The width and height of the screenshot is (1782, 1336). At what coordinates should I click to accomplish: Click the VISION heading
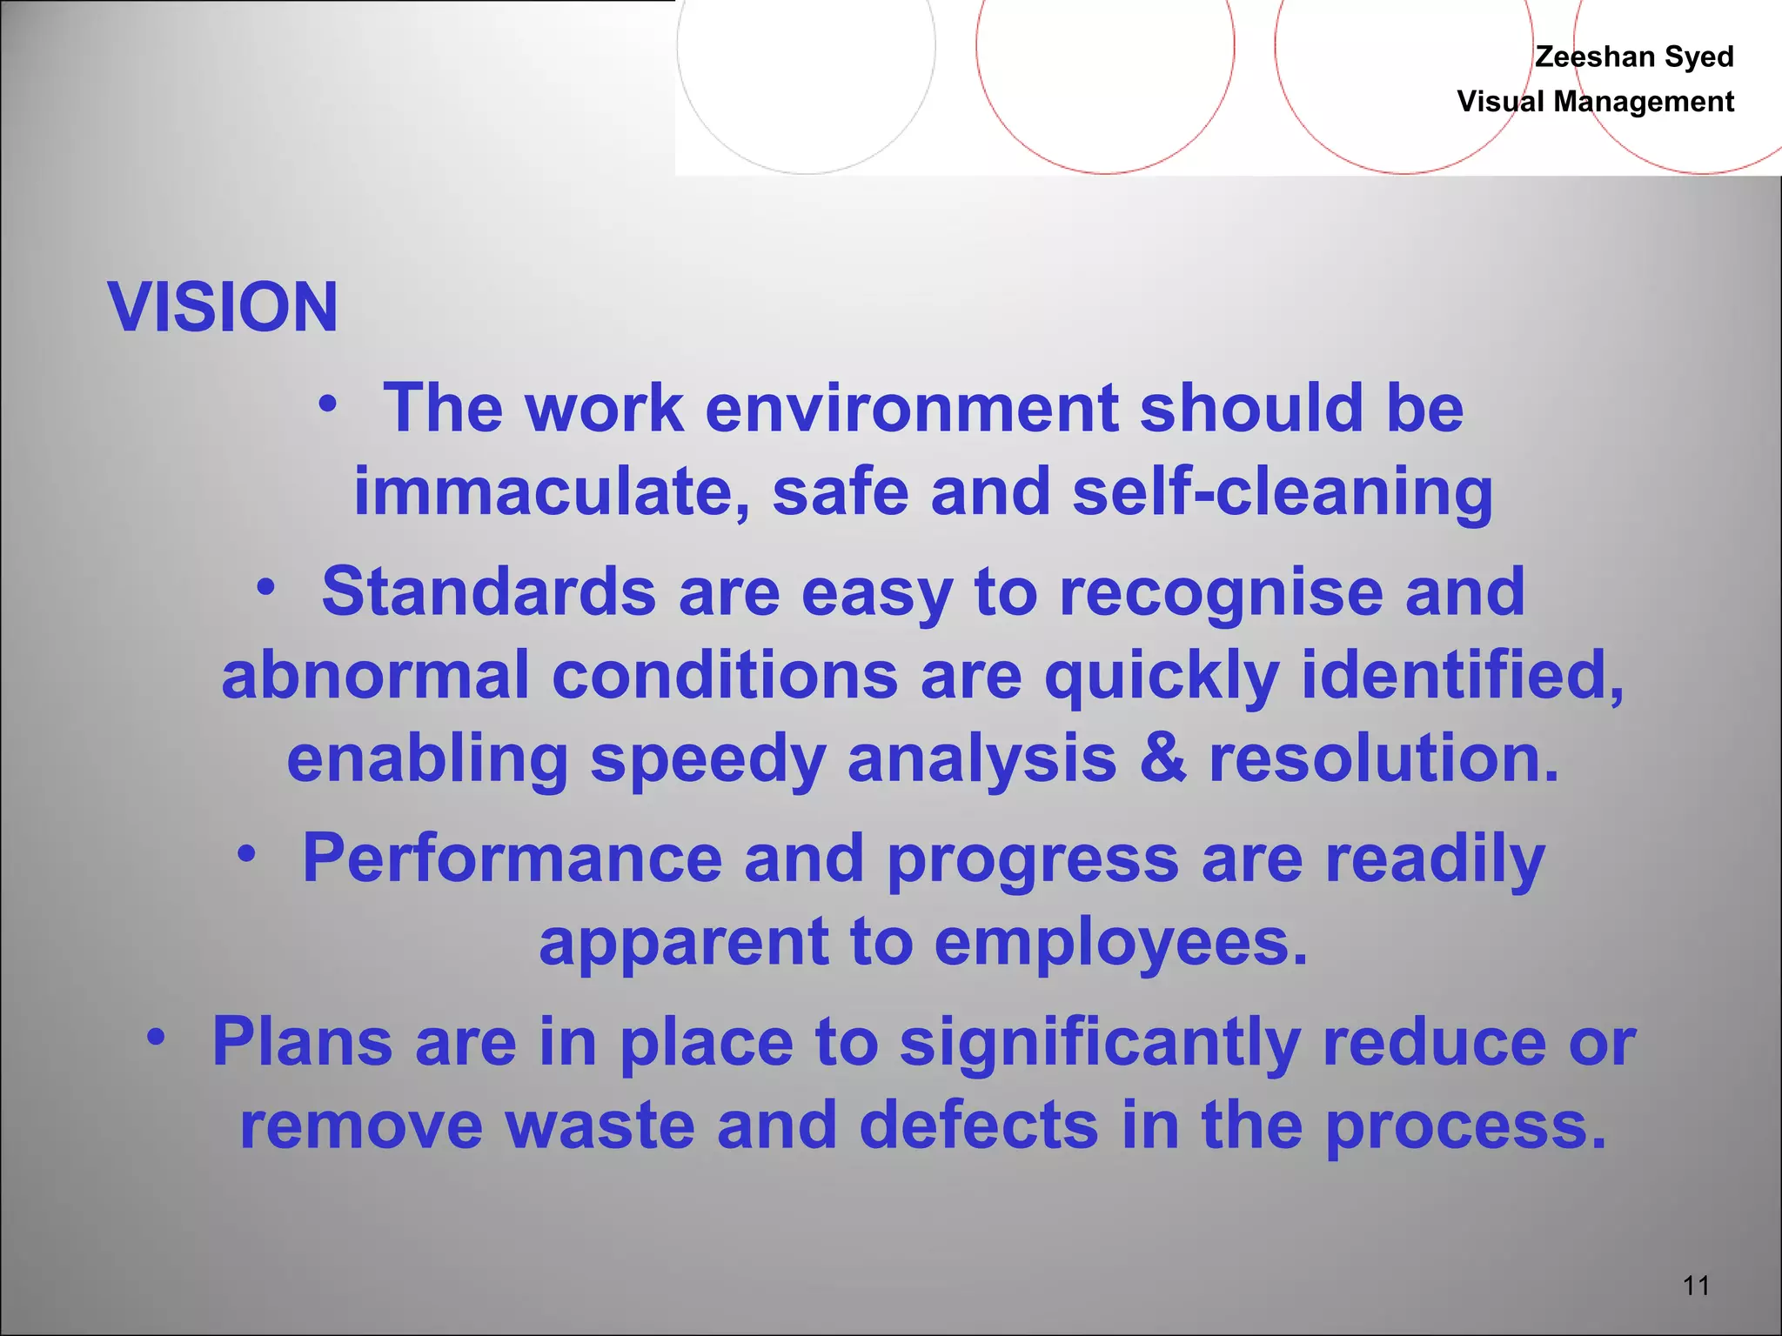click(x=223, y=308)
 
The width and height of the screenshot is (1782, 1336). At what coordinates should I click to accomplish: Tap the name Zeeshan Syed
click(x=1633, y=57)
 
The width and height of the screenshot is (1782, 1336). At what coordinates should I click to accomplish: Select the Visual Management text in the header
click(x=1595, y=102)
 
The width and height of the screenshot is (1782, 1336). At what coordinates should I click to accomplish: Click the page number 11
click(x=1696, y=1286)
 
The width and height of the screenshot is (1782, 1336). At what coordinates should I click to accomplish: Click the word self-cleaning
click(x=1283, y=492)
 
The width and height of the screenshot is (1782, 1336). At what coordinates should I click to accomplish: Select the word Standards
click(x=488, y=591)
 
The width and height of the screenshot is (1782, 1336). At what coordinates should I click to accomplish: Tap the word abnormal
click(x=375, y=676)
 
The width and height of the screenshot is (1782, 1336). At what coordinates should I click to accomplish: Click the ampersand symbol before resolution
click(x=1162, y=758)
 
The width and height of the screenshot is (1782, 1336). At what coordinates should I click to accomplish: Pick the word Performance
click(x=512, y=858)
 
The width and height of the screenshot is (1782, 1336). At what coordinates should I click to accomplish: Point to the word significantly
click(x=1100, y=1042)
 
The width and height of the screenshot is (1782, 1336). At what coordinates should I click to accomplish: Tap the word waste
click(x=600, y=1126)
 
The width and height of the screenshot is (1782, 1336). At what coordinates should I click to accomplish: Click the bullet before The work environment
click(x=327, y=404)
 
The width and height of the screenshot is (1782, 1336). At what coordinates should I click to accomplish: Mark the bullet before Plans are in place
click(x=156, y=1038)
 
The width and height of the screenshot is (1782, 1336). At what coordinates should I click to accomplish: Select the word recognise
click(x=1221, y=591)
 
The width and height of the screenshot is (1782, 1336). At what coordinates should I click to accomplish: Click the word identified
click(x=1462, y=676)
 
